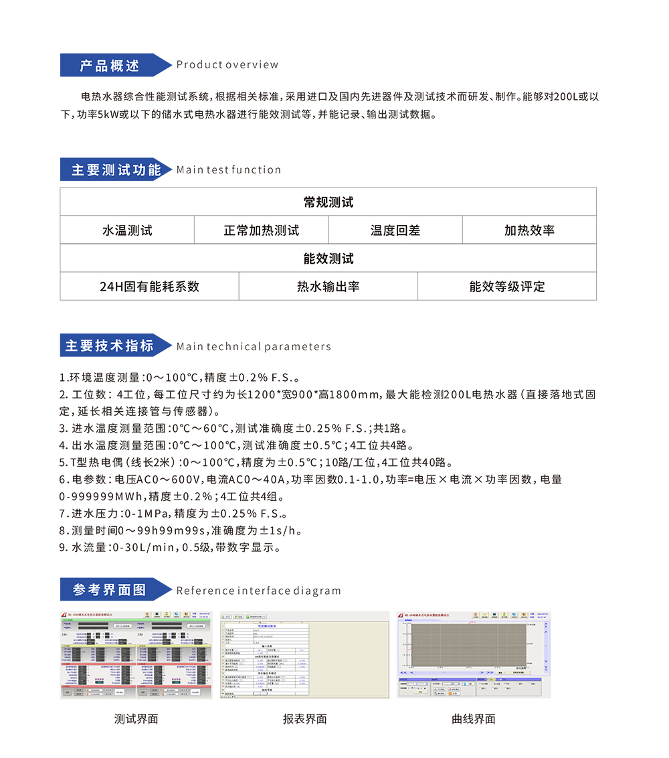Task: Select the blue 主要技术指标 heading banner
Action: tap(110, 346)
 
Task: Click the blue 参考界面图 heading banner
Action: tap(110, 590)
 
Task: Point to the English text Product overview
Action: tap(227, 65)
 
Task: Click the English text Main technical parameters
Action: tap(254, 347)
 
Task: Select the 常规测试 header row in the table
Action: tap(328, 202)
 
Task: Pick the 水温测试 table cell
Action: tap(127, 230)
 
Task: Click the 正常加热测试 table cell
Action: tap(261, 230)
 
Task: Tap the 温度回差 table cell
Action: tap(395, 230)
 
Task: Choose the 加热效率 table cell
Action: tap(529, 230)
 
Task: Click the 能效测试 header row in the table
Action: tap(328, 258)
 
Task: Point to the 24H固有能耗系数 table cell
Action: tap(149, 287)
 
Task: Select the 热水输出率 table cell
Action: tap(328, 287)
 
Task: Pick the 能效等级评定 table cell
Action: tap(507, 287)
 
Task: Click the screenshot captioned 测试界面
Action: tap(136, 654)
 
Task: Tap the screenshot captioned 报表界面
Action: tap(304, 654)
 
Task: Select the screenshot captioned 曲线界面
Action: tap(474, 654)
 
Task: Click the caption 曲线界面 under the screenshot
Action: tap(474, 719)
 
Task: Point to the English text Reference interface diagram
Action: tap(258, 591)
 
